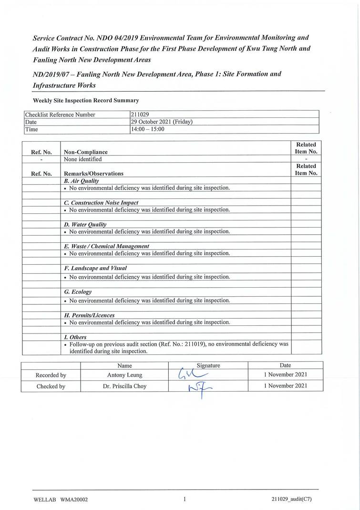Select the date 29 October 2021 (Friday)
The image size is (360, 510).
(x=162, y=122)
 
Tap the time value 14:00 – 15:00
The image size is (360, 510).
(x=147, y=129)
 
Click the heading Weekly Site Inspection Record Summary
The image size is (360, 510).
(x=85, y=100)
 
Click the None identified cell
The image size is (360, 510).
(x=82, y=159)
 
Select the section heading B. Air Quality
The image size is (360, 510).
(x=81, y=181)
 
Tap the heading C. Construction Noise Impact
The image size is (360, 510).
(x=101, y=203)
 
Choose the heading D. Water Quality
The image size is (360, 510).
(x=85, y=224)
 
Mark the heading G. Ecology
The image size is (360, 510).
(x=77, y=291)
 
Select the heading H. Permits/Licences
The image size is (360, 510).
(x=89, y=315)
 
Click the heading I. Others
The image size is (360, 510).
(x=75, y=337)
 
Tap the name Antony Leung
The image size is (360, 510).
(x=124, y=375)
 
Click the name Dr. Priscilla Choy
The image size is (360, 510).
(x=124, y=386)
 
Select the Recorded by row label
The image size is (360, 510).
(x=51, y=375)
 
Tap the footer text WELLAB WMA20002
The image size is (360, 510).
(x=61, y=500)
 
